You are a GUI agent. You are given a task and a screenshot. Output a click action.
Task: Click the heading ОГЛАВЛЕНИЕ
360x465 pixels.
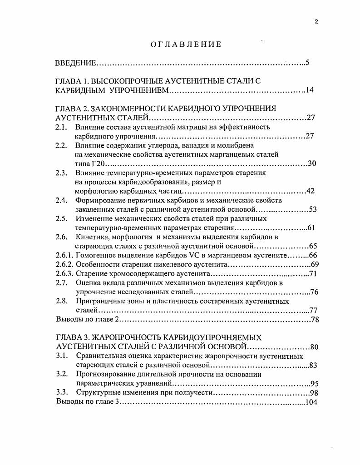coord(186,44)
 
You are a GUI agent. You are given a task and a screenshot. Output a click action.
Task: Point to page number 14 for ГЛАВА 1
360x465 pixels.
coord(310,90)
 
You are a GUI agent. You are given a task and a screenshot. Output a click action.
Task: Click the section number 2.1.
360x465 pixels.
coord(62,127)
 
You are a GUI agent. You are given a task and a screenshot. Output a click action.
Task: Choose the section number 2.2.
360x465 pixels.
coord(62,145)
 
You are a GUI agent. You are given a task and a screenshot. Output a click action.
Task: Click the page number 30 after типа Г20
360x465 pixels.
coord(311,163)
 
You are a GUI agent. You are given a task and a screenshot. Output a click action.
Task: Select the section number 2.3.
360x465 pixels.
coord(62,173)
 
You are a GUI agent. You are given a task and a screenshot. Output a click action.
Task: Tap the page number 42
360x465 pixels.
coord(311,191)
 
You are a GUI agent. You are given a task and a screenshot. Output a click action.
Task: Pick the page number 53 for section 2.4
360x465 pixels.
coord(312,209)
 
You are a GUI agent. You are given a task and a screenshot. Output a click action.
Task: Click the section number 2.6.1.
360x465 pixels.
coord(64,256)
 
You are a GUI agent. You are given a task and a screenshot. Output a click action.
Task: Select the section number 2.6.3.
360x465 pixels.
coord(64,274)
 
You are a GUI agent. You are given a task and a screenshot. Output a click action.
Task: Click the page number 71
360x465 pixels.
coord(312,274)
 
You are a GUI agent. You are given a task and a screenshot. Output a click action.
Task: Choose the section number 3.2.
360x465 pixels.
coord(62,375)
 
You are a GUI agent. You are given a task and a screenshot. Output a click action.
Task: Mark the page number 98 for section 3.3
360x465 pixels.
coord(314,393)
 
